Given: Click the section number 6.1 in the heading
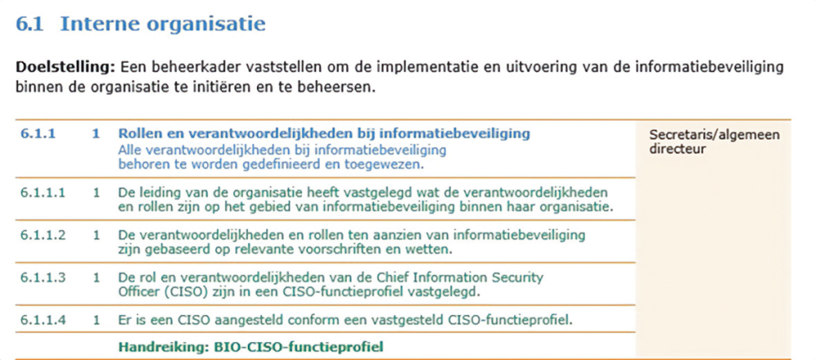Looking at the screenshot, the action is pos(29,24).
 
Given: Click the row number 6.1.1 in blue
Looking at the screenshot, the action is pos(38,134).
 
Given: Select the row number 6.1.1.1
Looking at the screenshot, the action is pos(43,192).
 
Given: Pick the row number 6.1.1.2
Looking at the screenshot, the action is pos(43,235).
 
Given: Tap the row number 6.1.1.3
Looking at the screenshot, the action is pos(43,278).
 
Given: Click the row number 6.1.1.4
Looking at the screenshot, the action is pos(43,319).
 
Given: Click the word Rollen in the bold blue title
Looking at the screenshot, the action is pos(136,134).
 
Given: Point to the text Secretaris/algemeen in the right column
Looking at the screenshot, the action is pos(715,136).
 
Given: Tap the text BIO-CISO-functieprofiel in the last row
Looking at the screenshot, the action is pos(299,346).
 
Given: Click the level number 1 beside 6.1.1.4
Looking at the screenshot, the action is pos(96,319).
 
